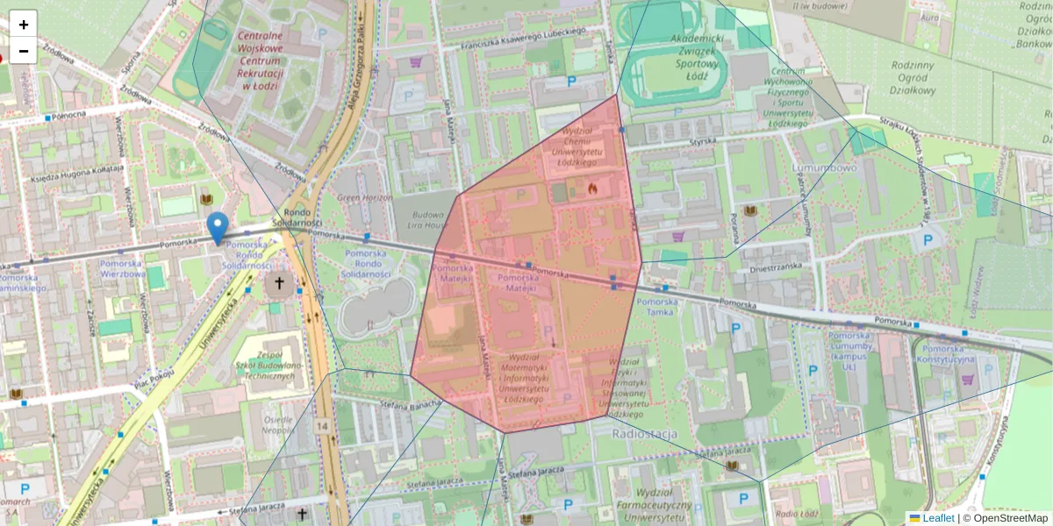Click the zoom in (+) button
23,24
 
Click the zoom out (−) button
23,50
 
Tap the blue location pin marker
217,227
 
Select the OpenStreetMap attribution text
1005,518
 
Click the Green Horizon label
364,198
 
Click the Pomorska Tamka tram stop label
657,308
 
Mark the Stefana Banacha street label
409,404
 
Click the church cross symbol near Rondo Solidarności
280,283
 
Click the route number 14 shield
324,426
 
